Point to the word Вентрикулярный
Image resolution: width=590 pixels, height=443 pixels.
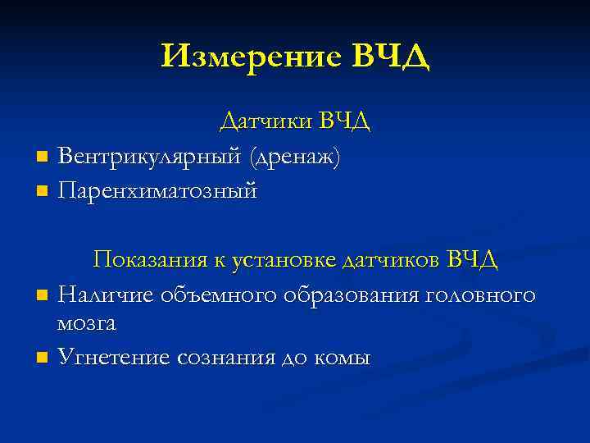point(150,156)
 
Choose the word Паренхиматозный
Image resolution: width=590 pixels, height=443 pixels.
point(158,191)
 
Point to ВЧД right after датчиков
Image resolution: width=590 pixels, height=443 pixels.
point(473,260)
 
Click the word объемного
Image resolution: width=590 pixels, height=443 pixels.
point(211,294)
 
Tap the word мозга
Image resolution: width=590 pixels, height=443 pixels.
point(87,323)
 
